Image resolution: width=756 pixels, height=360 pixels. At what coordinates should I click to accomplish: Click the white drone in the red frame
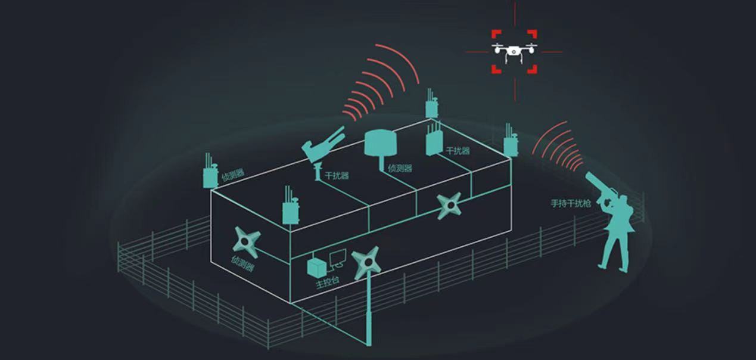(x=514, y=51)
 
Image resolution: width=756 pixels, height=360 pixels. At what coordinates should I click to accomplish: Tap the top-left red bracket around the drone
(x=496, y=34)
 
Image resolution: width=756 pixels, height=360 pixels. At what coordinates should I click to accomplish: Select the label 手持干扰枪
(x=571, y=204)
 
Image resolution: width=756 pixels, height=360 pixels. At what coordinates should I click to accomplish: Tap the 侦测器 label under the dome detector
(x=400, y=168)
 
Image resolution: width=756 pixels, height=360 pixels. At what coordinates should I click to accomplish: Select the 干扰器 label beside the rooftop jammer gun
(x=337, y=176)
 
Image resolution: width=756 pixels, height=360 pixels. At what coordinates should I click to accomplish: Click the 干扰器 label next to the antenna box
(x=458, y=151)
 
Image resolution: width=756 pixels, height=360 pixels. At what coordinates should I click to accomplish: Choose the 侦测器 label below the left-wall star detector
(x=242, y=264)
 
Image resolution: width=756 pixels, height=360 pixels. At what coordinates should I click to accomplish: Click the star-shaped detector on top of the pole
(x=367, y=262)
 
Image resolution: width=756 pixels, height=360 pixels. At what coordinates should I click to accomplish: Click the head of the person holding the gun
(x=622, y=200)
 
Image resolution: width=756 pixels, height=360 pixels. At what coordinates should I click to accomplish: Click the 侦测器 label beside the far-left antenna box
(x=233, y=174)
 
